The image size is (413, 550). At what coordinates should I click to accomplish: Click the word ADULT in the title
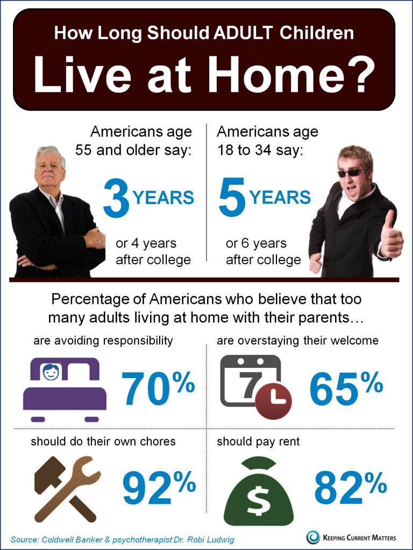243,33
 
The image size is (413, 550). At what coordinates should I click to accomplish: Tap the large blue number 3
117,198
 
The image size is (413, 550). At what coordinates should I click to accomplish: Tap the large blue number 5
232,197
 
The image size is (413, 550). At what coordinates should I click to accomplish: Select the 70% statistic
158,388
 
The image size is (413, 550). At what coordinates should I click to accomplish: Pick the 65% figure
346,388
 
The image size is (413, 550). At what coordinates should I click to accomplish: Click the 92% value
159,488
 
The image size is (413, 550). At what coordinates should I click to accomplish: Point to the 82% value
351,488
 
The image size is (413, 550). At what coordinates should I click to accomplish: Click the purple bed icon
65,389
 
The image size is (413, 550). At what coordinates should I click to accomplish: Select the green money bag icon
259,491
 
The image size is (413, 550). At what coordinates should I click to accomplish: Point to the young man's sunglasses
351,172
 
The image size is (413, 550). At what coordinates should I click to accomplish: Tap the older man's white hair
50,154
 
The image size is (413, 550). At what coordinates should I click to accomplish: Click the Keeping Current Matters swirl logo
313,537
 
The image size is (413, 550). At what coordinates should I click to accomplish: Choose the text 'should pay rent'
258,442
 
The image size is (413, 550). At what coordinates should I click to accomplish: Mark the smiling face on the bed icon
51,372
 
